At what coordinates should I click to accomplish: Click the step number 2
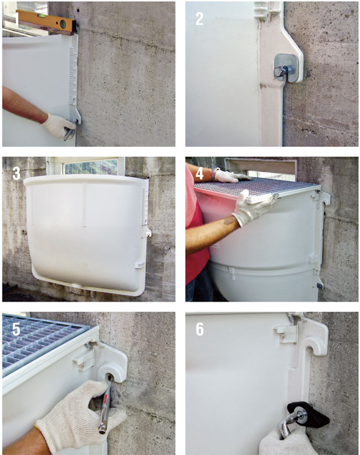[199, 19]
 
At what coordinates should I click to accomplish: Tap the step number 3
[16, 173]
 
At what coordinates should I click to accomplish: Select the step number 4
[200, 173]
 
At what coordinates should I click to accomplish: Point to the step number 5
[16, 329]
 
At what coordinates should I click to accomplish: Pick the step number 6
[200, 329]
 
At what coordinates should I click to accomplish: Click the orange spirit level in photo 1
[47, 21]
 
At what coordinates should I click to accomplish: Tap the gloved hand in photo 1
[59, 125]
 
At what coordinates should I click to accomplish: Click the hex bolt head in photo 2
[278, 71]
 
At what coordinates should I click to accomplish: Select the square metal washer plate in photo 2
[286, 68]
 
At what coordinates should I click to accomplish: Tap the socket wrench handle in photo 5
[106, 406]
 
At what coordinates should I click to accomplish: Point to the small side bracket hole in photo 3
[148, 234]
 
